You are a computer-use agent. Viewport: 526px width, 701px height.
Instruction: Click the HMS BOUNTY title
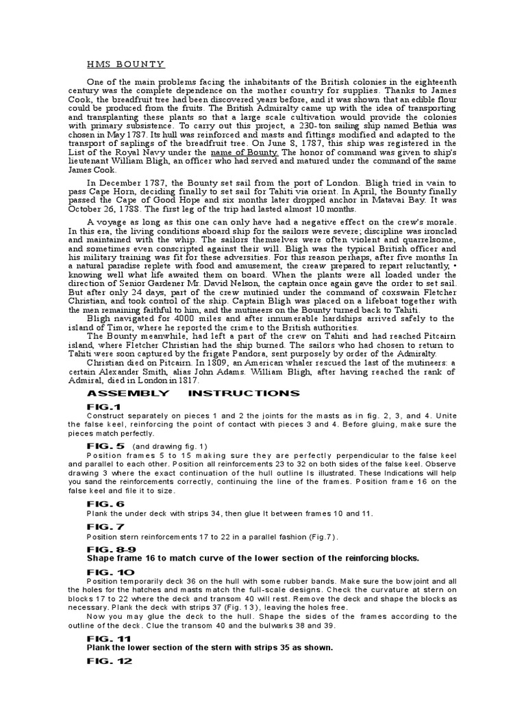pyautogui.click(x=125, y=65)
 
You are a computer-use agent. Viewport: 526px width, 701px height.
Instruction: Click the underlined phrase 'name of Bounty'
pyautogui.click(x=240, y=153)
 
